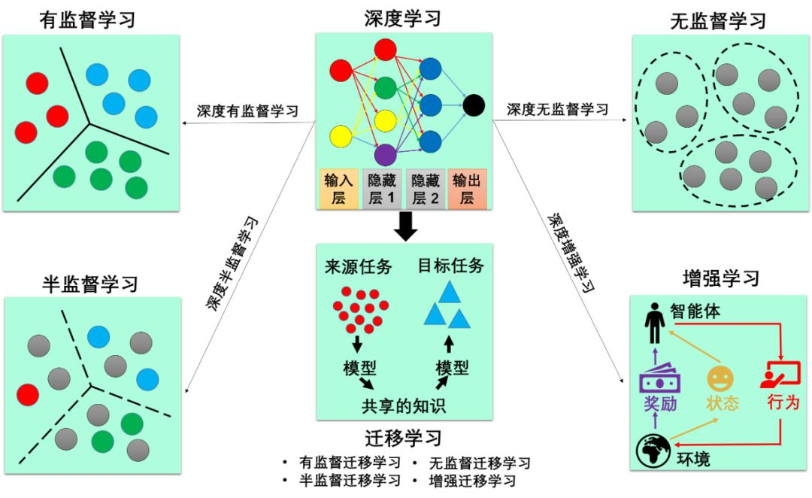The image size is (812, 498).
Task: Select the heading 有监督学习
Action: [x=89, y=19]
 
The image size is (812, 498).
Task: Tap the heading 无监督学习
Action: [x=718, y=20]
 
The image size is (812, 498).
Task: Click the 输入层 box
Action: [x=338, y=188]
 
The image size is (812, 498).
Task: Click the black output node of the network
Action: [x=474, y=105]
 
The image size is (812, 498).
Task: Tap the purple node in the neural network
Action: [x=385, y=154]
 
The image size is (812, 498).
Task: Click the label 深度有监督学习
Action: [x=248, y=111]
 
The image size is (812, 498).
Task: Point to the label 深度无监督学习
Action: [x=557, y=109]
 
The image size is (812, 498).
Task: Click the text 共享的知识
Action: [x=404, y=406]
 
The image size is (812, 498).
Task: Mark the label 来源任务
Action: [x=352, y=266]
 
